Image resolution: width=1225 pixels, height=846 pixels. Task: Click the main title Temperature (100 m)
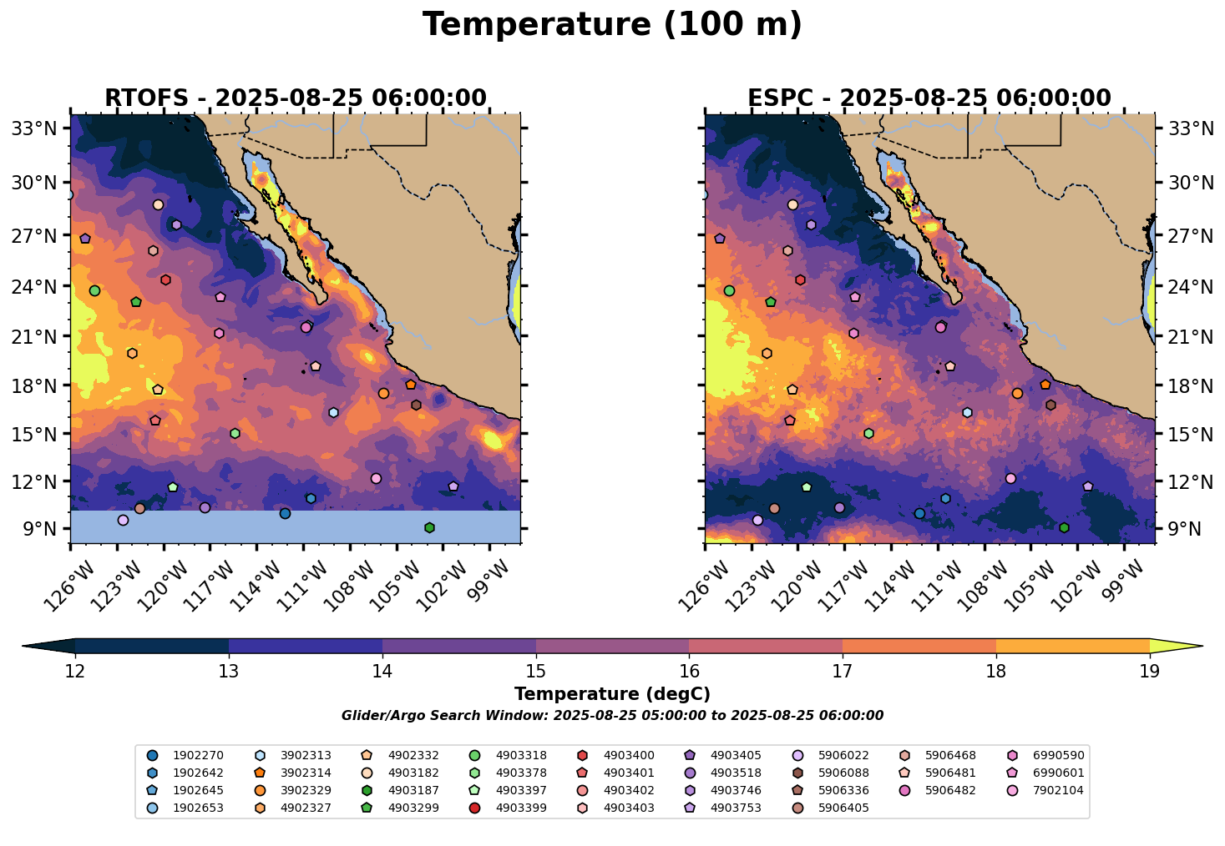(612, 25)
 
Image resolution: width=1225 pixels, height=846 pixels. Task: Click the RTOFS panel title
(295, 98)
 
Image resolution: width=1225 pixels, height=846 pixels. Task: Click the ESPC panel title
(929, 98)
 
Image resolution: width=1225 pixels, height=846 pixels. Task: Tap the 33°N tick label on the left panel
(39, 128)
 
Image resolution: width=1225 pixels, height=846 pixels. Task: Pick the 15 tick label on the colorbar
(535, 671)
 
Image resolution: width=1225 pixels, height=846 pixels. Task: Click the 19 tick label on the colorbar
(1149, 671)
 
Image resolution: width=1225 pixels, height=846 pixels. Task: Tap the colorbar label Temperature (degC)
(612, 694)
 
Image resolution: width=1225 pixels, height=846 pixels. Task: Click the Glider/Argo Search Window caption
(612, 716)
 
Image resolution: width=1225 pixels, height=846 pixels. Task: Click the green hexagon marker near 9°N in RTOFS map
(429, 527)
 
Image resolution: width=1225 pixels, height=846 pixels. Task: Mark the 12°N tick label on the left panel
(39, 481)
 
